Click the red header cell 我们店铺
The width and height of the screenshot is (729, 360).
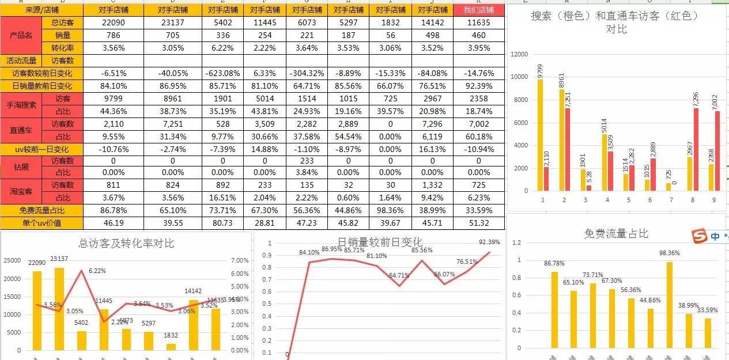coord(478,10)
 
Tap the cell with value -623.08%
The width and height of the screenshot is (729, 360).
coord(222,73)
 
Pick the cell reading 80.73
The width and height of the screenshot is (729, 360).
coord(222,223)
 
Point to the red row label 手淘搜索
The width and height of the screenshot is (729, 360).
coord(21,104)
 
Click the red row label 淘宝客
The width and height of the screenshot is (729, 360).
coord(21,191)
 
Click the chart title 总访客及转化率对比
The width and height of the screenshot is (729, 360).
coord(126,243)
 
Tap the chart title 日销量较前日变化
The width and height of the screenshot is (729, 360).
coord(380,242)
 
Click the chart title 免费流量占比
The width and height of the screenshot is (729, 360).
coord(616,233)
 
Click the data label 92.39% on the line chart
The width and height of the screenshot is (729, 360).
coord(489,242)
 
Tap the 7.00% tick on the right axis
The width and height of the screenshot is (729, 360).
coord(239,260)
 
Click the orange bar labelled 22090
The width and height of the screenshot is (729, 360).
coord(37,310)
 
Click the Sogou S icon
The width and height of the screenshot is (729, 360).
coord(699,236)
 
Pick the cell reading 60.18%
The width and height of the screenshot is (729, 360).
coord(478,137)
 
